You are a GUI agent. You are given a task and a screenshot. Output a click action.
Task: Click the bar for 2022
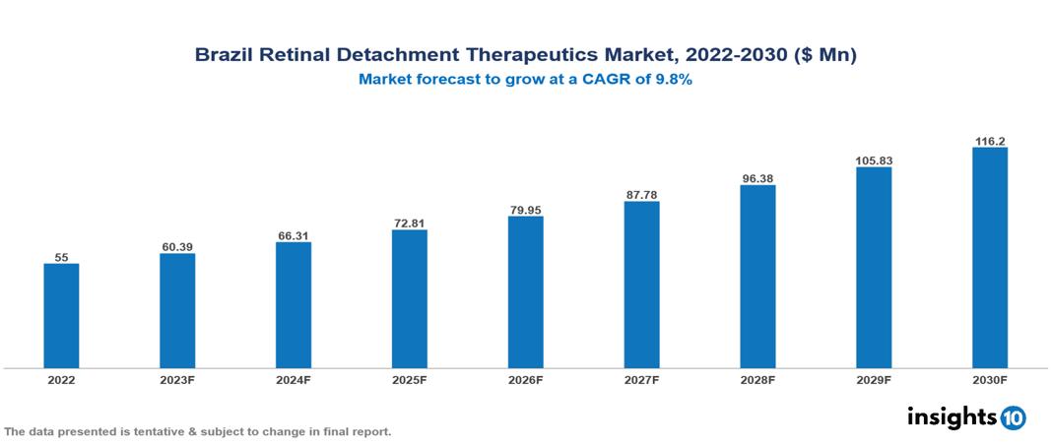point(61,315)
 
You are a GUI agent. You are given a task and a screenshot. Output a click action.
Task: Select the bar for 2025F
point(409,298)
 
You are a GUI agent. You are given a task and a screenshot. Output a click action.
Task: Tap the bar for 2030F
point(989,258)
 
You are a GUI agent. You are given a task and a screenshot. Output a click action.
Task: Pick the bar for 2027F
point(641,285)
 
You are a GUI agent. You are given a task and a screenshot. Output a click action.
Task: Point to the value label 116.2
point(989,141)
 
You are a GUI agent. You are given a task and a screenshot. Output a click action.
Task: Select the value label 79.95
point(525,209)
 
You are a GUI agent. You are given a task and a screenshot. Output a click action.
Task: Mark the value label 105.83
point(874,160)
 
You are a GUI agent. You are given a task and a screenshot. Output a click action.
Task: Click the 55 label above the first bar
point(61,256)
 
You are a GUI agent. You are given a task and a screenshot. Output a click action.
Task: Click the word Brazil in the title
point(222,56)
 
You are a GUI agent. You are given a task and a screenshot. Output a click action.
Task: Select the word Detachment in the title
point(388,56)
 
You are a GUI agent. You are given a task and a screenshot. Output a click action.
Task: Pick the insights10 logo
point(965,416)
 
